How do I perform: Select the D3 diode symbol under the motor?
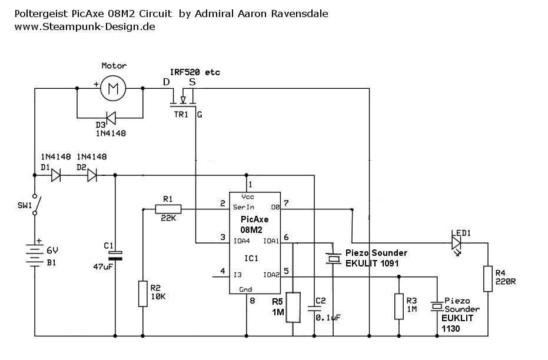[110, 118]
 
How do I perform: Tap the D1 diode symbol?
[56, 175]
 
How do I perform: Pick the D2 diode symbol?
[91, 175]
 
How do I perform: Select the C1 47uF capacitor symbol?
[115, 255]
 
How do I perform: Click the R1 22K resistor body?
[168, 208]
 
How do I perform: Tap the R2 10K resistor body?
[142, 294]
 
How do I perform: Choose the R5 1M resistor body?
[293, 306]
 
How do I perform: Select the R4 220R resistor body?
[487, 279]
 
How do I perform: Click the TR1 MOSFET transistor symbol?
[184, 97]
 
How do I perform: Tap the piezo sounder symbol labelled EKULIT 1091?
[334, 258]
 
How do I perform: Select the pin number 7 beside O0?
[285, 203]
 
